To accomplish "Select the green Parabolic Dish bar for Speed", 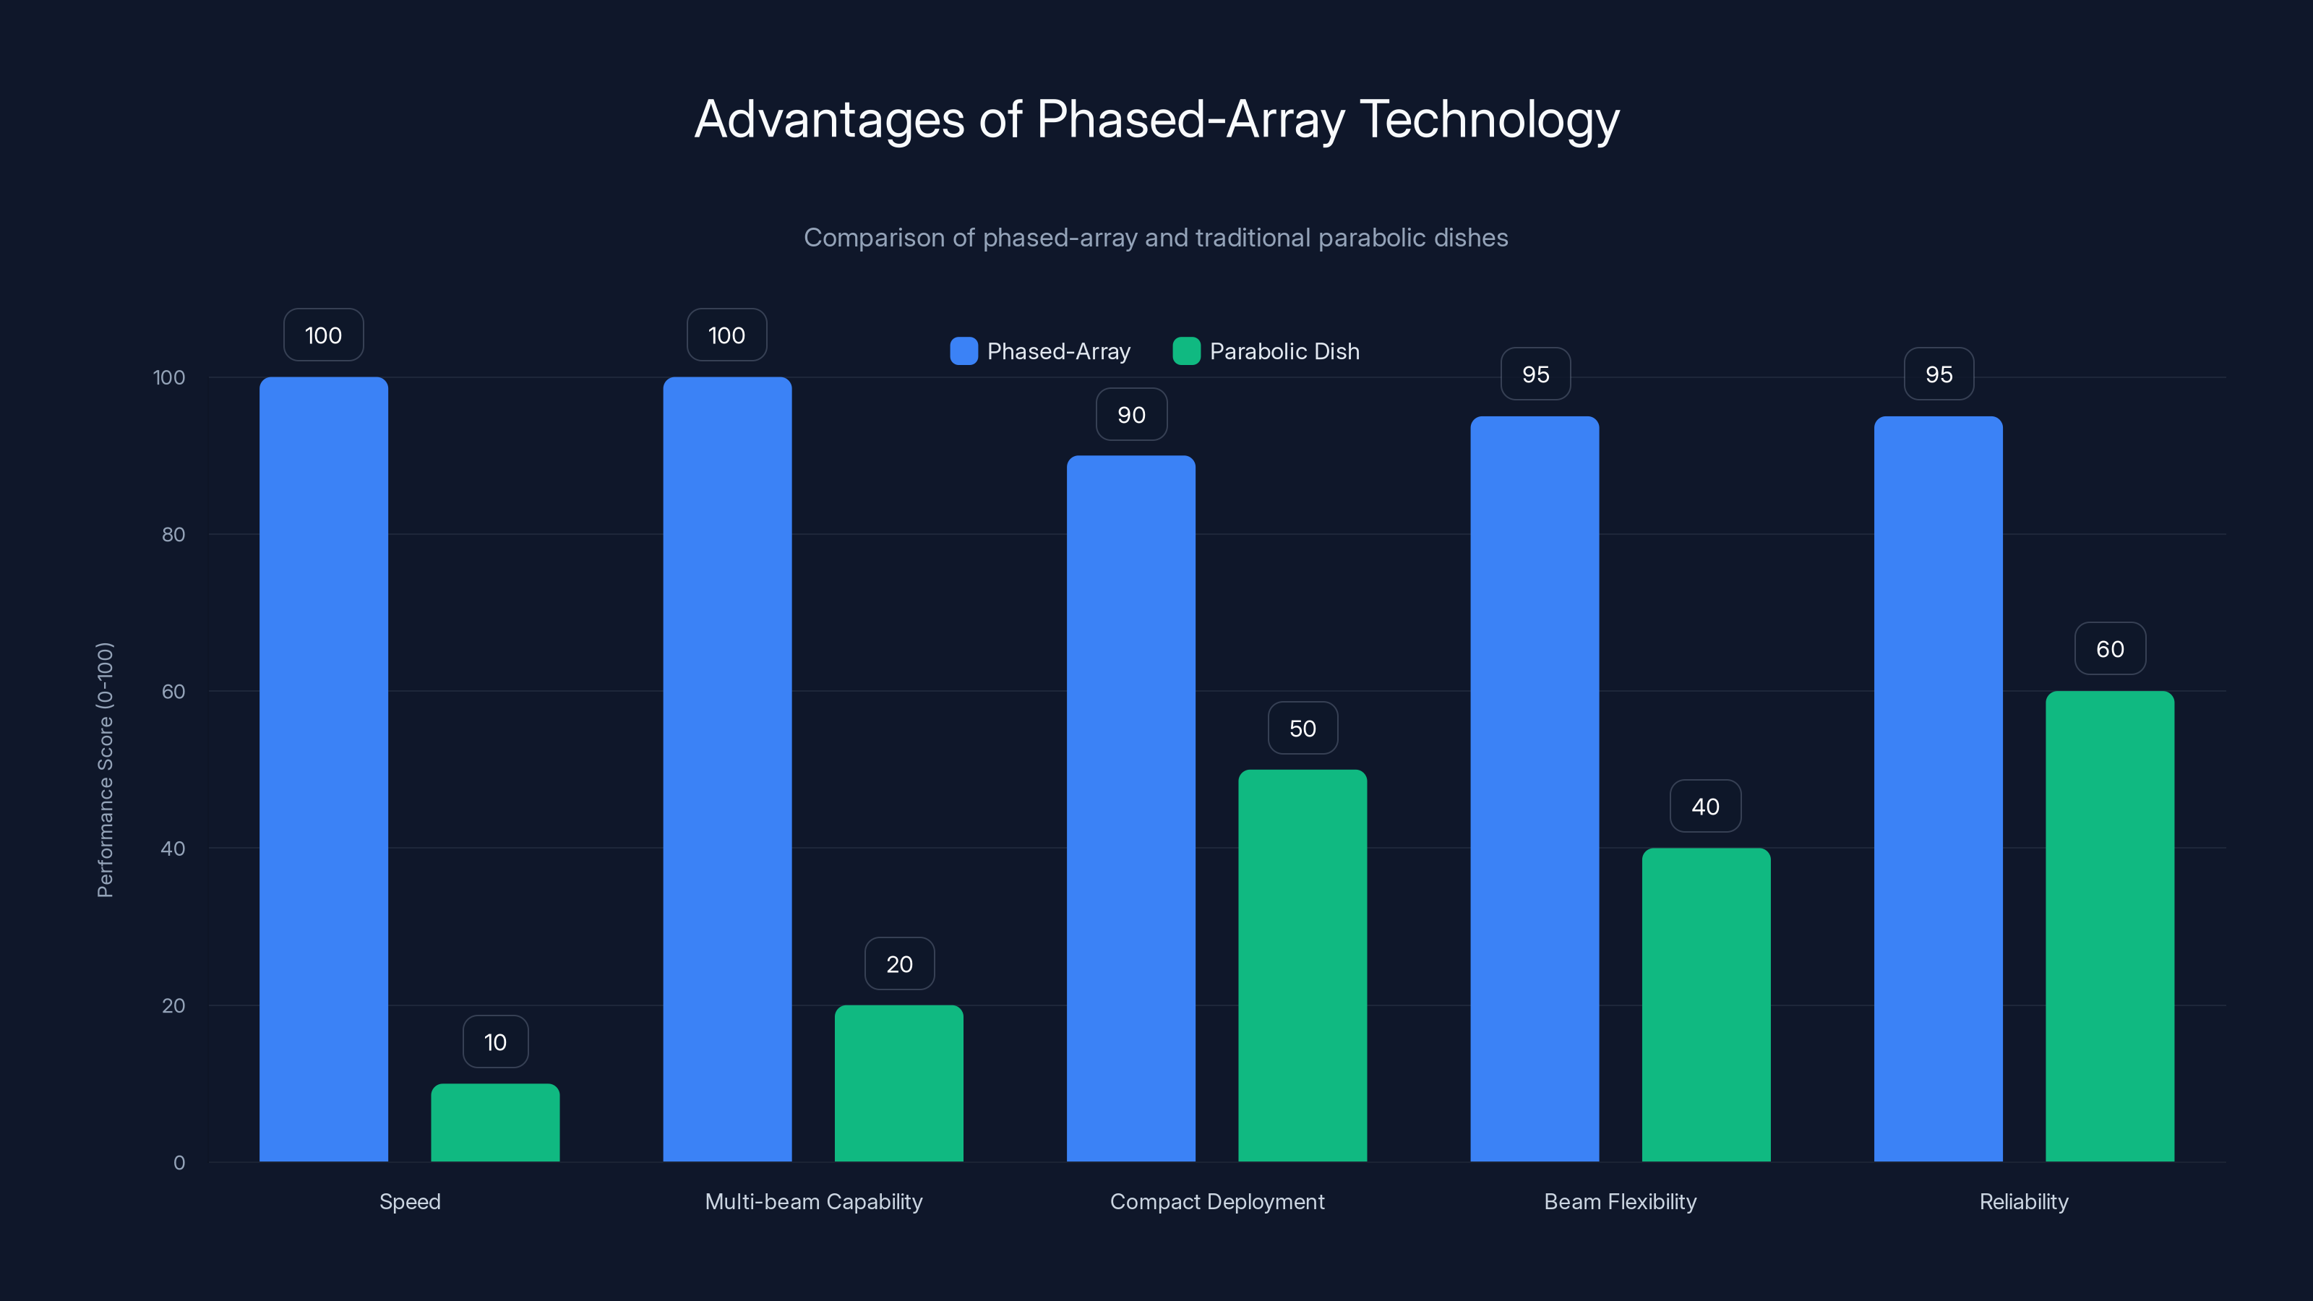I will pyautogui.click(x=494, y=1122).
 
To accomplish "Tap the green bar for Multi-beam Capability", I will pyautogui.click(x=898, y=1083).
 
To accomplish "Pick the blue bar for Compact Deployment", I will pyautogui.click(x=1130, y=808).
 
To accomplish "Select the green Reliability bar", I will pyautogui.click(x=2109, y=926).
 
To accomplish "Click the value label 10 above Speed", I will pyautogui.click(x=494, y=1042).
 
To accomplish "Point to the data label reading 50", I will pyautogui.click(x=1302, y=728).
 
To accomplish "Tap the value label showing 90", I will pyautogui.click(x=1131, y=415).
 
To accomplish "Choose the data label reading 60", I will pyautogui.click(x=2109, y=649).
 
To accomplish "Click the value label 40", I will pyautogui.click(x=1705, y=807).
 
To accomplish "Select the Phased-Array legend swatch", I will pyautogui.click(x=964, y=351).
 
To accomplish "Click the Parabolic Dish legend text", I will pyautogui.click(x=1284, y=351).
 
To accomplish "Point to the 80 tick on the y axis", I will pyautogui.click(x=173, y=534).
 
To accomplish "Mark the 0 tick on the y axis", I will pyautogui.click(x=179, y=1163).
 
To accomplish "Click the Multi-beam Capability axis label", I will pyautogui.click(x=813, y=1201).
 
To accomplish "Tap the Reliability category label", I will pyautogui.click(x=2023, y=1201).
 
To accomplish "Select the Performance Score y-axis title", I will pyautogui.click(x=105, y=770).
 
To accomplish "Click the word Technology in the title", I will pyautogui.click(x=1489, y=119).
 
